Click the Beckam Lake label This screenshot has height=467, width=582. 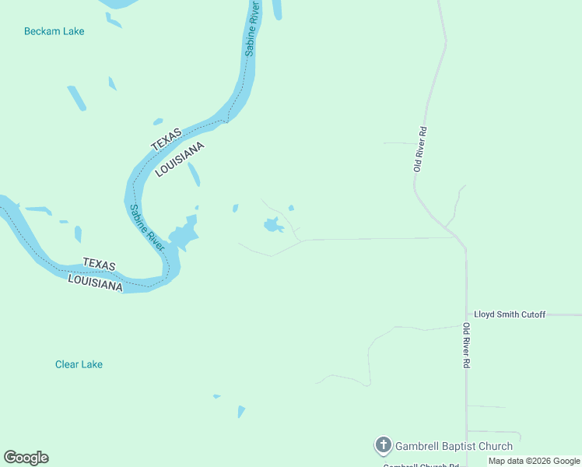coord(54,31)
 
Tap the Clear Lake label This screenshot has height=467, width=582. coord(79,364)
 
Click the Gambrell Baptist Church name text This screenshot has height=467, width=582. coord(454,446)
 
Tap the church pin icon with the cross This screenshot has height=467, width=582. coord(383,446)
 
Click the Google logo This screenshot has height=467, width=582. coord(26,458)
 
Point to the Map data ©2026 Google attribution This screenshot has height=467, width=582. coord(534,461)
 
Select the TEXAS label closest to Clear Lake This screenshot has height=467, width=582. coord(98,265)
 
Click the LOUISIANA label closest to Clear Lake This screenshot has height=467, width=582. coord(95,281)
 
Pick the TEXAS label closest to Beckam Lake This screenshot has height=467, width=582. coord(165,139)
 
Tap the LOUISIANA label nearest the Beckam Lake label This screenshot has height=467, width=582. coord(180,160)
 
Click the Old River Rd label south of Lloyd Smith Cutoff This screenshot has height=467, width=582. coord(466,346)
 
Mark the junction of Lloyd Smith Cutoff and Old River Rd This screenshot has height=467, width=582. coord(466,315)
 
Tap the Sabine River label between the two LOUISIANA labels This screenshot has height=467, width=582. coord(146,226)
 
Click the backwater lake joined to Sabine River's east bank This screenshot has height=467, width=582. coord(184,233)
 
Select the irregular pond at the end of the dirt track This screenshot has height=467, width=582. coord(272,226)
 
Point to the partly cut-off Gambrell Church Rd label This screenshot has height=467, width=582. coord(420,465)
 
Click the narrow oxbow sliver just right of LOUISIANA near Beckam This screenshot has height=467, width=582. coord(195,174)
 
